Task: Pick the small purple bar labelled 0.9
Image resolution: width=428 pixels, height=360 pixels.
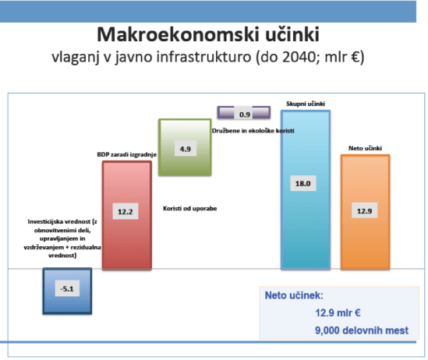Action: coord(244,115)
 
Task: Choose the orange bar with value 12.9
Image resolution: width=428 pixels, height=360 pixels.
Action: coord(366,226)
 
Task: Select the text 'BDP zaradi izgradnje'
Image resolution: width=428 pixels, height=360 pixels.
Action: coord(127,155)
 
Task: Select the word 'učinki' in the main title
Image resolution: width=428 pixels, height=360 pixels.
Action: coord(296,35)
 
